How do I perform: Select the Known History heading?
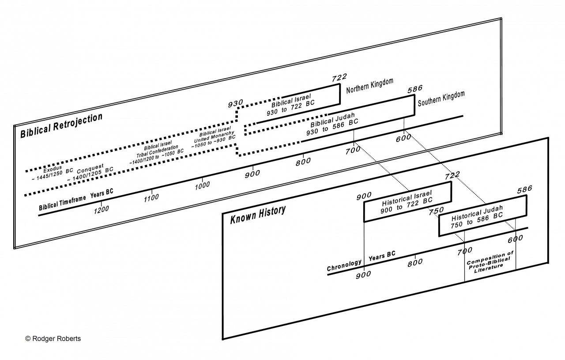coord(258,215)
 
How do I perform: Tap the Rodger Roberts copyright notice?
coord(53,338)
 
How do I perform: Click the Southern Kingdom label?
coord(441,100)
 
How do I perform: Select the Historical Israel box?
coord(407,201)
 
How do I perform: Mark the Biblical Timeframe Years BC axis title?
coord(76,200)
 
